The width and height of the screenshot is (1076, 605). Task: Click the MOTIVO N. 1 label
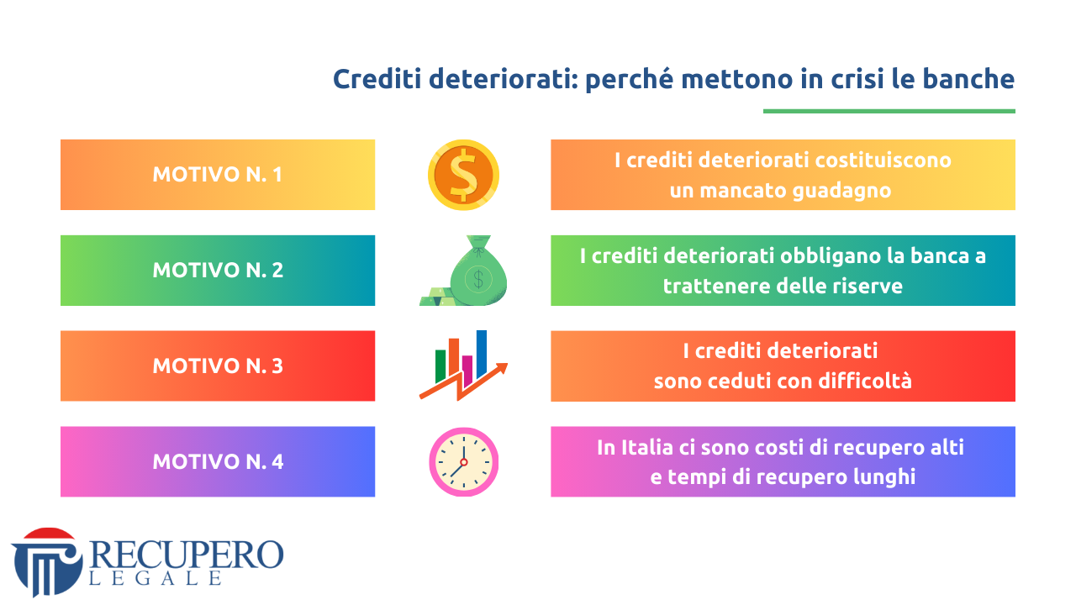(217, 174)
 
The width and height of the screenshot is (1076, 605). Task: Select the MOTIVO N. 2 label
(218, 271)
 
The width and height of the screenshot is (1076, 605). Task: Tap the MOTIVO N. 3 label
(218, 366)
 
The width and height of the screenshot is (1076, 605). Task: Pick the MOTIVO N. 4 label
(218, 462)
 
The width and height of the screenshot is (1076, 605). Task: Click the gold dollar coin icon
(463, 175)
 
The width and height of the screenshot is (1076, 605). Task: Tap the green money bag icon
(463, 271)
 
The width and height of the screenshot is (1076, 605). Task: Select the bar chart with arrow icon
(463, 366)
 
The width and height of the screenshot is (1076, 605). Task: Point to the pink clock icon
(463, 462)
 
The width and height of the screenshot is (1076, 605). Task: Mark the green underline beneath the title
(889, 112)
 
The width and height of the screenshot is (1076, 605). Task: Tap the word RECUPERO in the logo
(187, 555)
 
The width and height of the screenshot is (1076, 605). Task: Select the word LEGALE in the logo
(156, 578)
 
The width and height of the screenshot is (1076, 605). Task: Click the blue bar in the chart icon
(482, 354)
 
